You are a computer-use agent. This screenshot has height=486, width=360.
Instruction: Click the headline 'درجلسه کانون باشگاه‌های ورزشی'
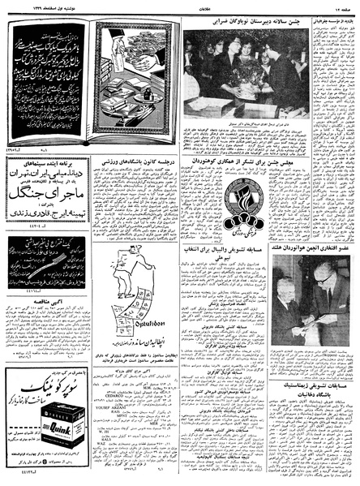pyautogui.click(x=137, y=161)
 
